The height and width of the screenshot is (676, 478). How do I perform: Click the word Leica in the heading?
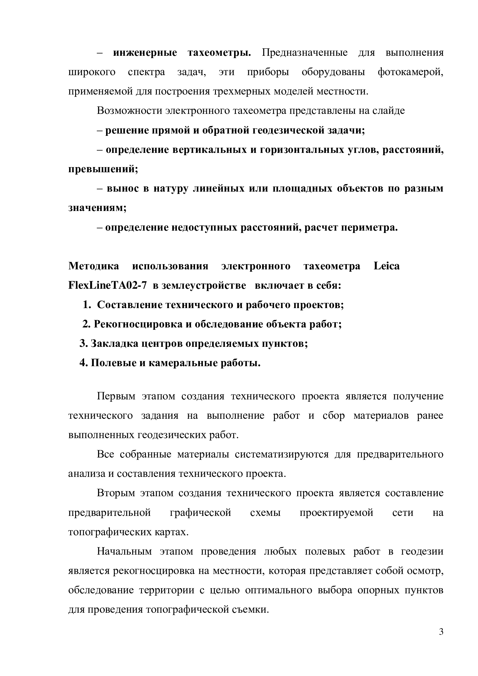386,266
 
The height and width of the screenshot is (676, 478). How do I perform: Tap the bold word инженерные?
145,53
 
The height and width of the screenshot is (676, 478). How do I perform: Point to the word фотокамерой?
410,73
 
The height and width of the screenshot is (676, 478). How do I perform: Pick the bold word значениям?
97,208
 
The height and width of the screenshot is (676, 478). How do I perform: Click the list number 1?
86,305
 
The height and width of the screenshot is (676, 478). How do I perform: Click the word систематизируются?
282,454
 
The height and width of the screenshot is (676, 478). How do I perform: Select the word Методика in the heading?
94,266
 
